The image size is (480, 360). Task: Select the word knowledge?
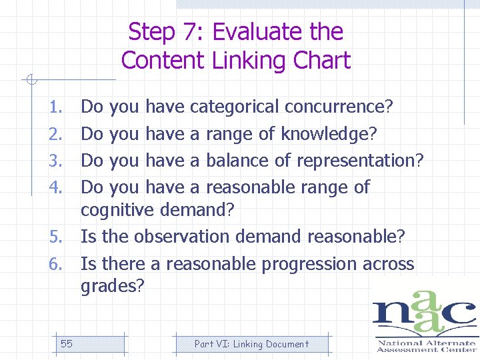pos(329,134)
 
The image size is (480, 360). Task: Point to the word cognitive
pos(118,211)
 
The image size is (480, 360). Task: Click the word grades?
pos(111,287)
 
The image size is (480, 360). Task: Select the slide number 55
pos(67,344)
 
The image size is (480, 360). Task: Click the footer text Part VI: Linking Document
pos(251,344)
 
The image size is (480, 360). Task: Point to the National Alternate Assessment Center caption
pos(426,345)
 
